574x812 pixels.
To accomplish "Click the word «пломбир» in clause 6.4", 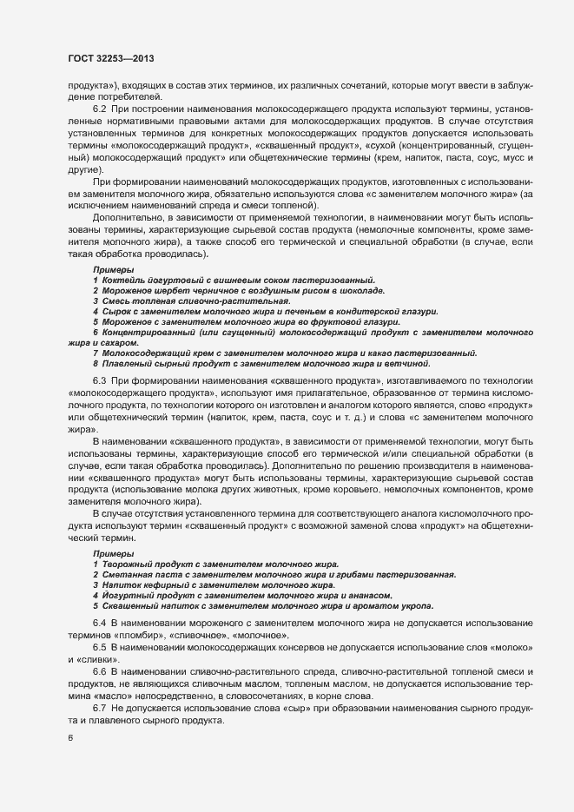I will click(135, 636).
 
